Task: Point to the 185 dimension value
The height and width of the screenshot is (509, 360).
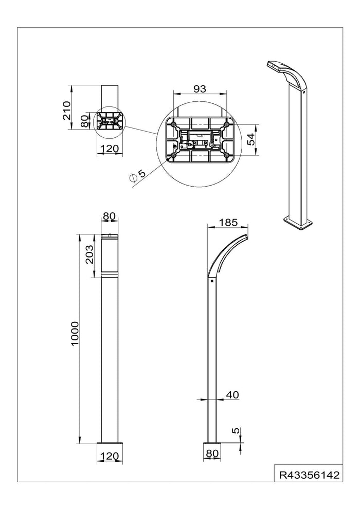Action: (x=228, y=223)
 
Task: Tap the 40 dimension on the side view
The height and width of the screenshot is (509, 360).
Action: (x=232, y=394)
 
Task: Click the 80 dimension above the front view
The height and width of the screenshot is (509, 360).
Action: (x=109, y=217)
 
